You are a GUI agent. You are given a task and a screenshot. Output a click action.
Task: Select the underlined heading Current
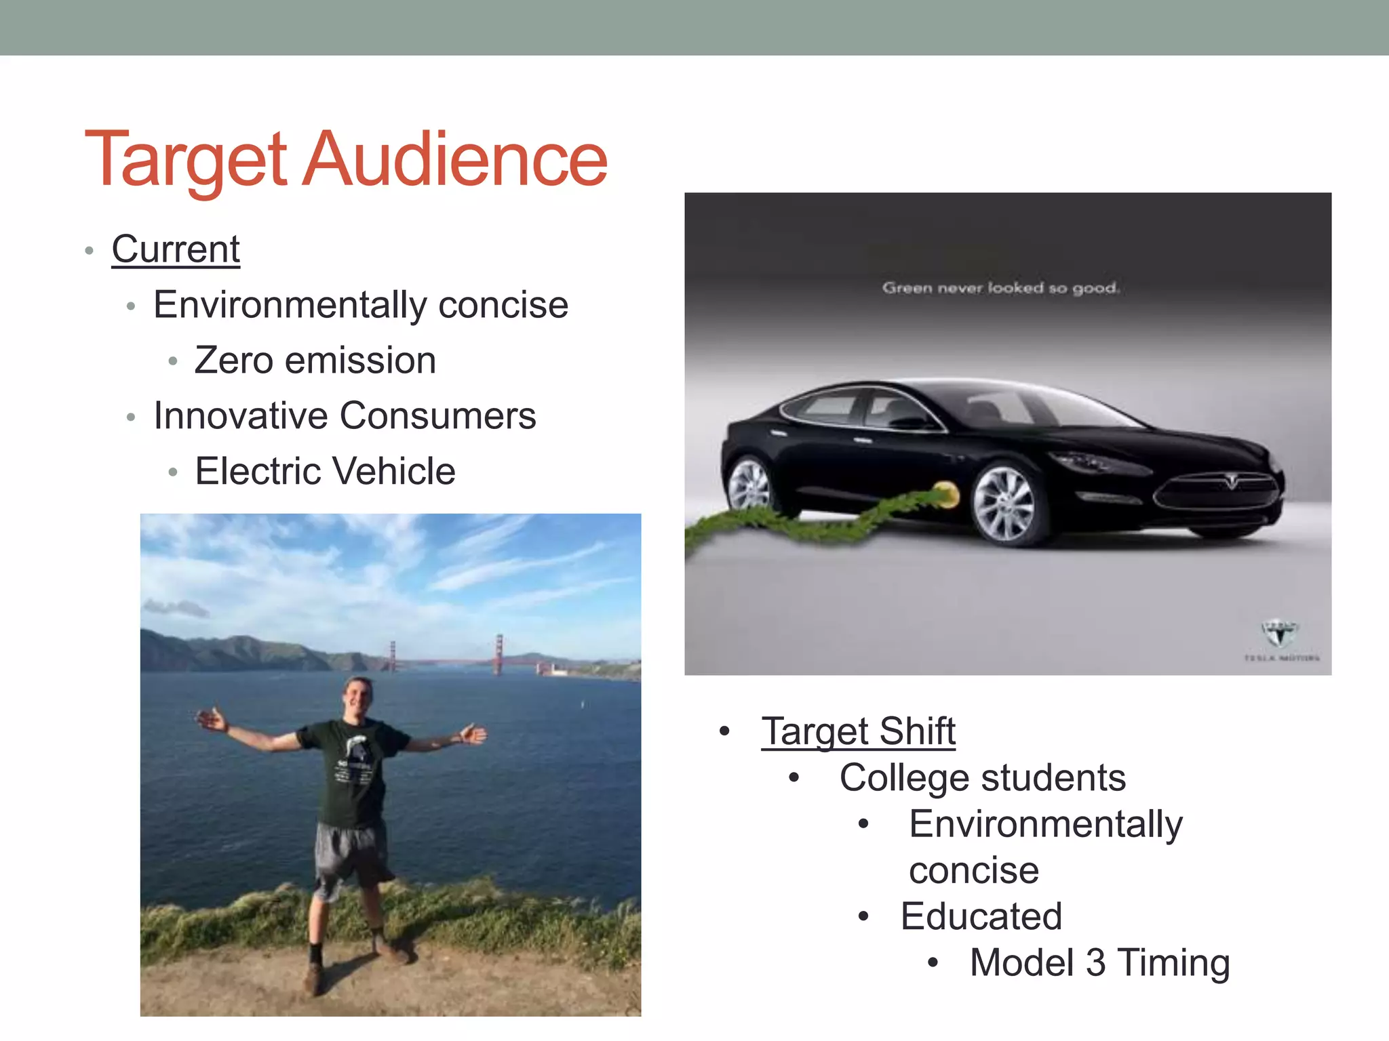(x=176, y=249)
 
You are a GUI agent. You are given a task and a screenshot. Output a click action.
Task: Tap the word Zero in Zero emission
(x=234, y=360)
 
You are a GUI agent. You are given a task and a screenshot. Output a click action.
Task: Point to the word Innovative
(x=241, y=415)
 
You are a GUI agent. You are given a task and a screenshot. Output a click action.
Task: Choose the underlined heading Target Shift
(x=858, y=731)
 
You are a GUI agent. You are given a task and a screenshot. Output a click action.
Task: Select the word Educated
(x=981, y=916)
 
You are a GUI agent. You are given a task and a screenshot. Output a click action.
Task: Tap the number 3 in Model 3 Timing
(x=1095, y=962)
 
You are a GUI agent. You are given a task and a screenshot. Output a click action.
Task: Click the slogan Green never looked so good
(x=1000, y=288)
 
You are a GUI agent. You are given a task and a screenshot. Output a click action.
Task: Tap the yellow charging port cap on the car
(x=945, y=494)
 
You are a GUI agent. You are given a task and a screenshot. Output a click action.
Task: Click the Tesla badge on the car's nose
(x=1231, y=482)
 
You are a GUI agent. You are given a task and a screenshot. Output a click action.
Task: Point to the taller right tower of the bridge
(x=499, y=653)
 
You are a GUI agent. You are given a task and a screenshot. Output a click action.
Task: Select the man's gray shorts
(x=349, y=854)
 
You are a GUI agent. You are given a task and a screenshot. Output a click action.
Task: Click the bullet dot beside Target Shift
(x=724, y=731)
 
